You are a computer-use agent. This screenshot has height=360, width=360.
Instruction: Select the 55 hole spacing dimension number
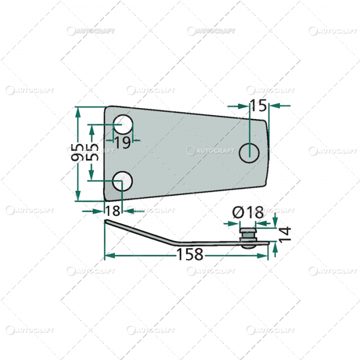pos(93,153)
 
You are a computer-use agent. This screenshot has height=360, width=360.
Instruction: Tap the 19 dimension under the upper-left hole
pos(122,143)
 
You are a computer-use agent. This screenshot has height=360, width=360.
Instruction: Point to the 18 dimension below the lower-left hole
pos(113,210)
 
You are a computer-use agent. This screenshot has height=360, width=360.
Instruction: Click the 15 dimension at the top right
pos(259,106)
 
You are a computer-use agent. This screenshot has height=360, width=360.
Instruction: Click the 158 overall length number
pos(190,254)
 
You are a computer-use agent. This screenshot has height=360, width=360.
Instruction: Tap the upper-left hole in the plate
pos(123,123)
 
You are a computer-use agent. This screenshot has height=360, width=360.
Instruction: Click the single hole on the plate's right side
pos(249,151)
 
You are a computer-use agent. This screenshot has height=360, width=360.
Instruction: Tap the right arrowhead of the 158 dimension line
pos(263,255)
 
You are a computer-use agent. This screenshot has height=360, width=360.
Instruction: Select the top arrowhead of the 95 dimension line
pos(78,111)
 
